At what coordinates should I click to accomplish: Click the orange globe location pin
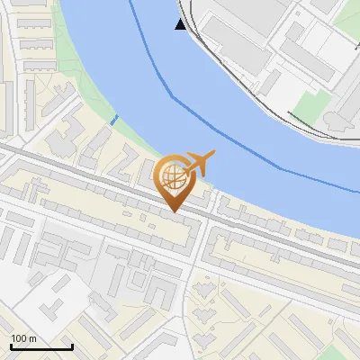[174, 181]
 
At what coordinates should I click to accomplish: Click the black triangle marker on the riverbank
[181, 24]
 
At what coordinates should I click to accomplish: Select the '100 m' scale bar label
[23, 338]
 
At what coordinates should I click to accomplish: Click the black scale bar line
[41, 347]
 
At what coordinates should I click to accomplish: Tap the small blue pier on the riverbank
[113, 120]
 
